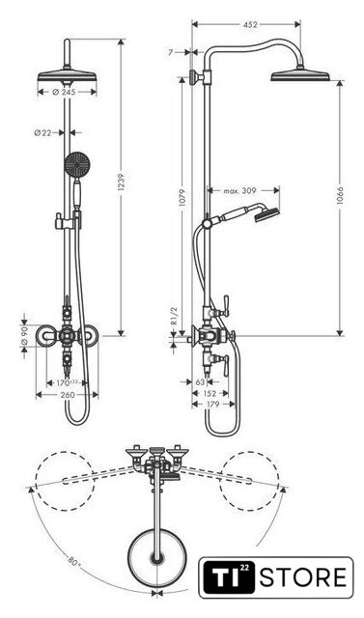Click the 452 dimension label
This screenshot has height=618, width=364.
[250, 24]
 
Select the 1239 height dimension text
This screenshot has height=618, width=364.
[121, 183]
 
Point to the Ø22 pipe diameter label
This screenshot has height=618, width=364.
[42, 133]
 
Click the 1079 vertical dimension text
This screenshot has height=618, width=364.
[182, 199]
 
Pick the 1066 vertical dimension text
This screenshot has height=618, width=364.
[340, 196]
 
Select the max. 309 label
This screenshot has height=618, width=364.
[239, 191]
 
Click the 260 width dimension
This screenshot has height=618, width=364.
[68, 395]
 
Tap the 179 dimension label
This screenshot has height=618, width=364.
[212, 404]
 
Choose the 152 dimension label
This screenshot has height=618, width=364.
[210, 393]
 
